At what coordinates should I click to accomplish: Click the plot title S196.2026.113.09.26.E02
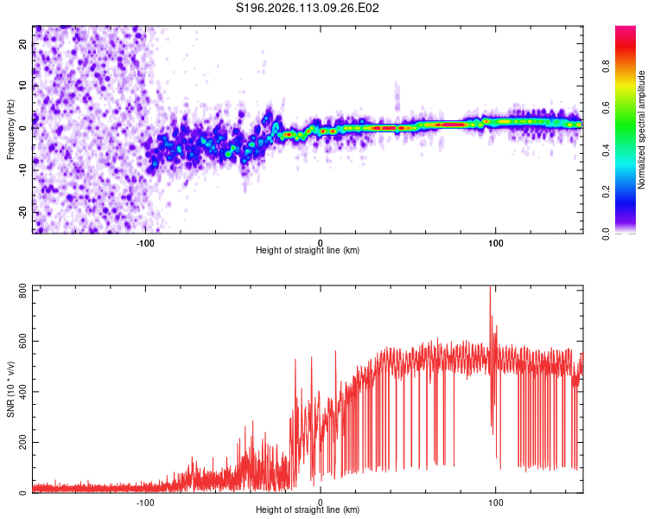tap(308, 8)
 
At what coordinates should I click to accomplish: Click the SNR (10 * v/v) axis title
tap(10, 389)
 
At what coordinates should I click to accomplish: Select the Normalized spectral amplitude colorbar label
tap(642, 130)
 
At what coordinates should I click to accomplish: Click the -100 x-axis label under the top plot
tap(145, 242)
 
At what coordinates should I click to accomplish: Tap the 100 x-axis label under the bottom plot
tap(496, 502)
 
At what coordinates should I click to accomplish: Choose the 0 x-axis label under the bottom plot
tap(321, 502)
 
